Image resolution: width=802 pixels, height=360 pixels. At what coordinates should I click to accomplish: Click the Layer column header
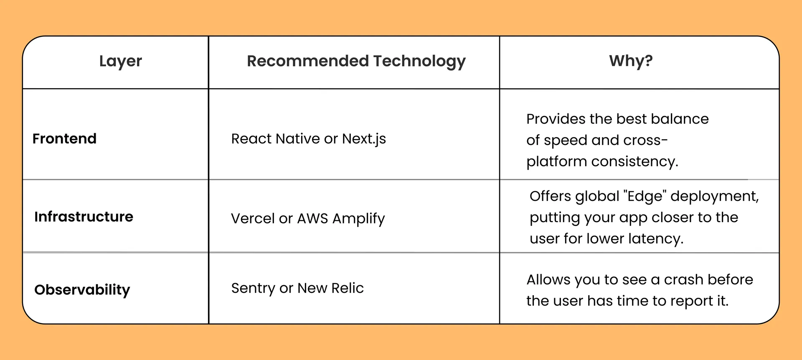coord(120,61)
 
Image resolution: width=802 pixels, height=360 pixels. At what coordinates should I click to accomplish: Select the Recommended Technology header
coord(356,61)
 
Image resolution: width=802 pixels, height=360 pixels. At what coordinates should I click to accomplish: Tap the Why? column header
coord(631,61)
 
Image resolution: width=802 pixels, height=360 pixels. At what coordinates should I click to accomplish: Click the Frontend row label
coord(64,139)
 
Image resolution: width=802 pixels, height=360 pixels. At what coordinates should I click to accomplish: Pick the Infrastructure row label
coord(84,217)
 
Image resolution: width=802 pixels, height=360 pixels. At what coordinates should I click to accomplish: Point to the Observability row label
coord(82,290)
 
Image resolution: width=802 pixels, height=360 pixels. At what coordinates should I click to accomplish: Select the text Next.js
coord(364,139)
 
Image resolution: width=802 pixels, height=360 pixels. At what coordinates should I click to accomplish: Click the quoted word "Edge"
coord(645,196)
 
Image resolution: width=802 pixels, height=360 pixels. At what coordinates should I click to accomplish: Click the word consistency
coord(634,162)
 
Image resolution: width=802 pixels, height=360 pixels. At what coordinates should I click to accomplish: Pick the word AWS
coord(312,218)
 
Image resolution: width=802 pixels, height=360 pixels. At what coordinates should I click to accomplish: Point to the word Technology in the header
coord(419,61)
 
